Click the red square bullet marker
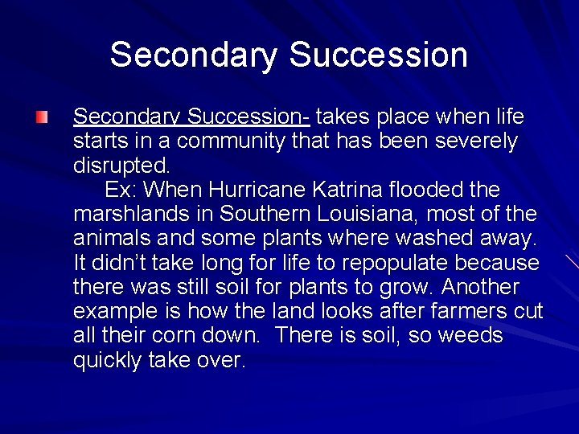pyautogui.click(x=41, y=118)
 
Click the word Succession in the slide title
pyautogui.click(x=378, y=55)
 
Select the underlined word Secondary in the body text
pyautogui.click(x=126, y=117)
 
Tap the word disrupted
pyautogui.click(x=121, y=166)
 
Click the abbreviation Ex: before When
pyautogui.click(x=121, y=190)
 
